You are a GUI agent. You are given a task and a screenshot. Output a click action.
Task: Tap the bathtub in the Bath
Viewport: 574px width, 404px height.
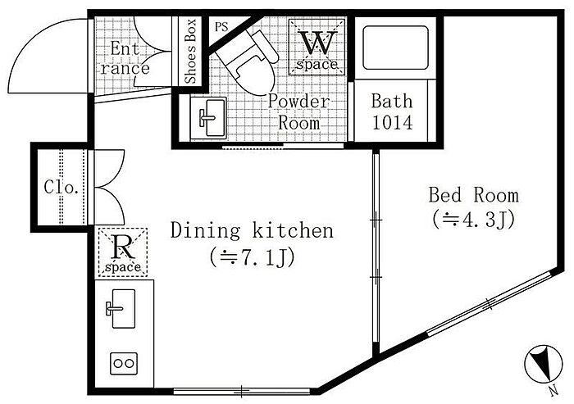pyautogui.click(x=395, y=48)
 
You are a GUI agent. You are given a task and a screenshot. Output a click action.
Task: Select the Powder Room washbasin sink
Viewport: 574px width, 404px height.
pyautogui.click(x=208, y=118)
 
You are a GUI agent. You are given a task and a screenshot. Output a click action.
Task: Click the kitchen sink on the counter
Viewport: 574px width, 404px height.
pyautogui.click(x=123, y=308)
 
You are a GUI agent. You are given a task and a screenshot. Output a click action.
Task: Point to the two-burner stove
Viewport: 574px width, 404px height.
pyautogui.click(x=124, y=363)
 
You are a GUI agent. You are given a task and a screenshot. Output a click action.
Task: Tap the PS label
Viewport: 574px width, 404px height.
pyautogui.click(x=221, y=27)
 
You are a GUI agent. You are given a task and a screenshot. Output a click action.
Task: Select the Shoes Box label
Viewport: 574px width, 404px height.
pyautogui.click(x=190, y=52)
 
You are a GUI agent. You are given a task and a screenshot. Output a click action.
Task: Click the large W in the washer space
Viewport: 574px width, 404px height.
pyautogui.click(x=318, y=43)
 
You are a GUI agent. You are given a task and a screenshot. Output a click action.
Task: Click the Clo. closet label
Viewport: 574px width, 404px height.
pyautogui.click(x=61, y=188)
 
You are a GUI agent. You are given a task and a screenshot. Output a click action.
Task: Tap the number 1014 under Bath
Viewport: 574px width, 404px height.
pyautogui.click(x=393, y=123)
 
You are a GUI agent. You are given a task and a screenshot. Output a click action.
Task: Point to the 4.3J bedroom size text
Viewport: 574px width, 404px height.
pyautogui.click(x=474, y=220)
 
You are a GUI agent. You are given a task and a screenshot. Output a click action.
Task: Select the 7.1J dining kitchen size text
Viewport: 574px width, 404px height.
pyautogui.click(x=253, y=258)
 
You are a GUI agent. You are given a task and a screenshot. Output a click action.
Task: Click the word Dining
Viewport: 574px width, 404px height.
pyautogui.click(x=205, y=231)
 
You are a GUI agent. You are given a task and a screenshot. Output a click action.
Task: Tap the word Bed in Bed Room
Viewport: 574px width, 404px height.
pyautogui.click(x=445, y=195)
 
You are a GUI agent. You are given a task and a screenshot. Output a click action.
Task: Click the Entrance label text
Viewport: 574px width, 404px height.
pyautogui.click(x=125, y=58)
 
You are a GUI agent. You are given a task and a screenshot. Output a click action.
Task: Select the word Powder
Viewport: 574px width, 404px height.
pyautogui.click(x=298, y=101)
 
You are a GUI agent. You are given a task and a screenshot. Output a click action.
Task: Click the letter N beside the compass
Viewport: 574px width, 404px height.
pyautogui.click(x=554, y=391)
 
